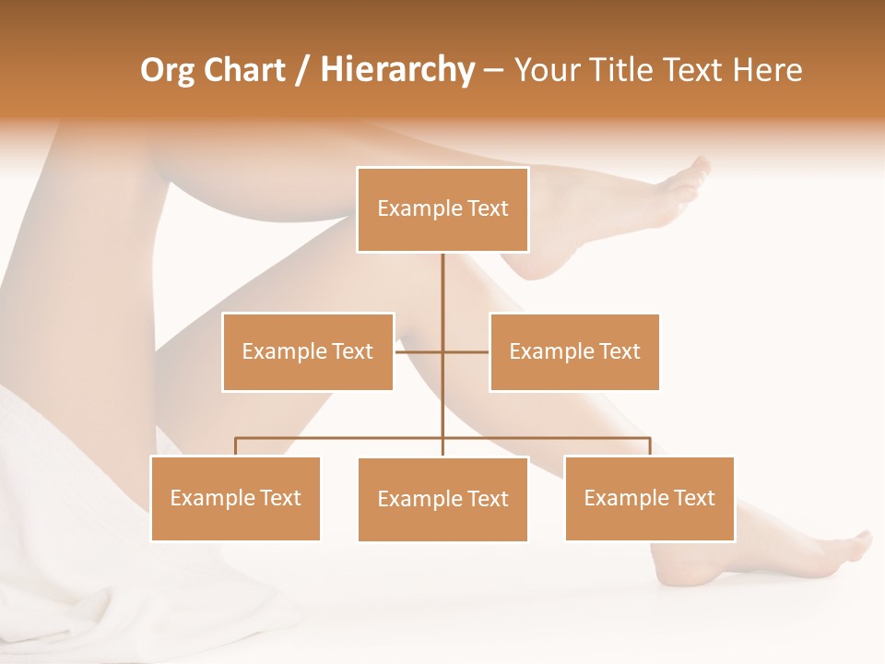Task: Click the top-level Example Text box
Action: pyautogui.click(x=442, y=209)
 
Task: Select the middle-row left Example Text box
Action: pyautogui.click(x=308, y=351)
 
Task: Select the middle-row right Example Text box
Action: pyautogui.click(x=574, y=351)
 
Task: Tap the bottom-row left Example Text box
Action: pyautogui.click(x=235, y=498)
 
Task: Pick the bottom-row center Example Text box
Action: pyautogui.click(x=442, y=499)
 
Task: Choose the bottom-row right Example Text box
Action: pyautogui.click(x=649, y=498)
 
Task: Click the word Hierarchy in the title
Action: pyautogui.click(x=397, y=70)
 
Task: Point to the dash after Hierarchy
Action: pyautogui.click(x=493, y=70)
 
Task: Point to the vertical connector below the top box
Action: pyautogui.click(x=442, y=286)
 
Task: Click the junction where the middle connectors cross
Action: pyautogui.click(x=442, y=351)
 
